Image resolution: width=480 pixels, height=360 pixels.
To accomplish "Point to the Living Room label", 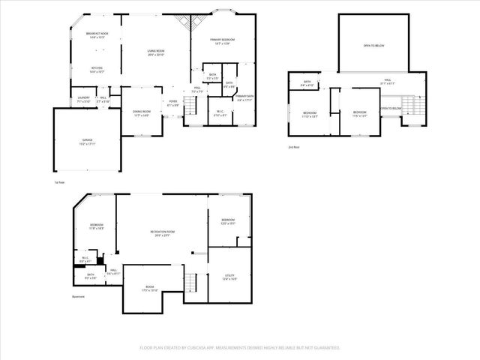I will click(156, 52).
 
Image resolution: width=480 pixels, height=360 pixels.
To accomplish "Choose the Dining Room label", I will click(142, 113).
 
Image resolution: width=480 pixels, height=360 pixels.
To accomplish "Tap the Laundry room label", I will click(83, 99).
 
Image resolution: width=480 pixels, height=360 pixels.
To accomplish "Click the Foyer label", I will click(172, 103).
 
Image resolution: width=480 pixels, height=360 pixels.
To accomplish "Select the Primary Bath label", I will click(245, 97).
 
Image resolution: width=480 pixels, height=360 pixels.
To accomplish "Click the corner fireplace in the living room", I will click(182, 22).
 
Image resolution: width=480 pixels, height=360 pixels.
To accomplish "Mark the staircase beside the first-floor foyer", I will click(190, 109).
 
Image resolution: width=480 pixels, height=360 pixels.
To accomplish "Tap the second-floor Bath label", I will click(307, 83).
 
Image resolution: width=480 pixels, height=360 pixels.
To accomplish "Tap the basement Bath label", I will click(90, 276).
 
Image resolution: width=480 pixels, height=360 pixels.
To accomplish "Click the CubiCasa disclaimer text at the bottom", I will click(240, 348).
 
